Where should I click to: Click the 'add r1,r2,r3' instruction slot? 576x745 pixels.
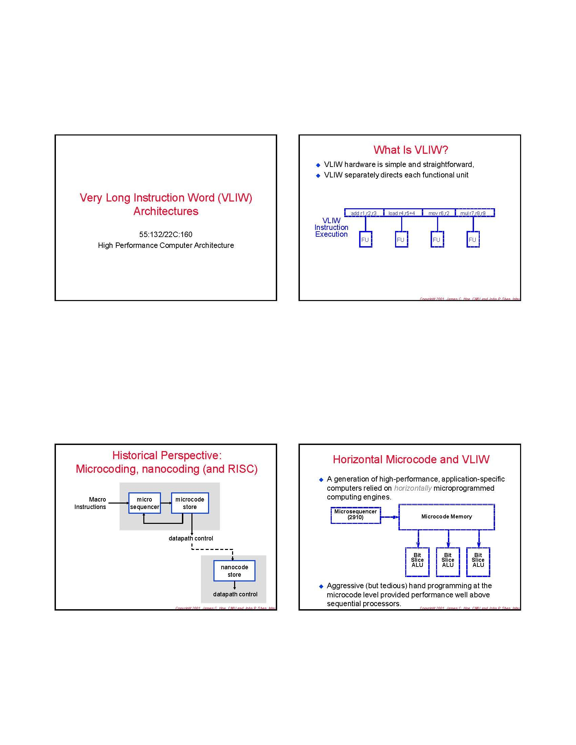pyautogui.click(x=364, y=213)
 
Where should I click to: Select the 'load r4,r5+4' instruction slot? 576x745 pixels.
pyautogui.click(x=402, y=213)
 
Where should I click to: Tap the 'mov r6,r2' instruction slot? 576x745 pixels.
pyautogui.click(x=438, y=213)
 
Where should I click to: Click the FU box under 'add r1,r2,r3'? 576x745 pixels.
pyautogui.click(x=365, y=239)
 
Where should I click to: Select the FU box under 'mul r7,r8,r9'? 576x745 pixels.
pyautogui.click(x=473, y=239)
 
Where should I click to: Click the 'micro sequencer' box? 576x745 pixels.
pyautogui.click(x=144, y=503)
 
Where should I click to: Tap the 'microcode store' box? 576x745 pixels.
pyautogui.click(x=190, y=503)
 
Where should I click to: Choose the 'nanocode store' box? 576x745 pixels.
pyautogui.click(x=234, y=571)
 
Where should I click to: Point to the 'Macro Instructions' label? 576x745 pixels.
pyautogui.click(x=90, y=503)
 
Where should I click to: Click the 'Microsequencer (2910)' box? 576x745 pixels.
pyautogui.click(x=355, y=515)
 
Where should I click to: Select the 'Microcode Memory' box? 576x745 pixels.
pyautogui.click(x=446, y=517)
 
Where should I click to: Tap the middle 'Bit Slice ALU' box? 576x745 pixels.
pyautogui.click(x=448, y=561)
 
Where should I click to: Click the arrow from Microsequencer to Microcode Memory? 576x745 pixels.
pyautogui.click(x=389, y=517)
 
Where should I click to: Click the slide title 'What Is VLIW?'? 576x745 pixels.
pyautogui.click(x=411, y=150)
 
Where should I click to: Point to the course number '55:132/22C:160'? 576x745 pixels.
pyautogui.click(x=166, y=234)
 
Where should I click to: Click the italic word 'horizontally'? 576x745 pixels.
pyautogui.click(x=413, y=488)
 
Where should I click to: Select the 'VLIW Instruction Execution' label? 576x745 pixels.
pyautogui.click(x=331, y=228)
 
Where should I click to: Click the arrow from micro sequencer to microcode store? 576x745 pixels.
pyautogui.click(x=166, y=503)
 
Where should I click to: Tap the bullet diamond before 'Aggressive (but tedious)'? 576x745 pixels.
pyautogui.click(x=321, y=587)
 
